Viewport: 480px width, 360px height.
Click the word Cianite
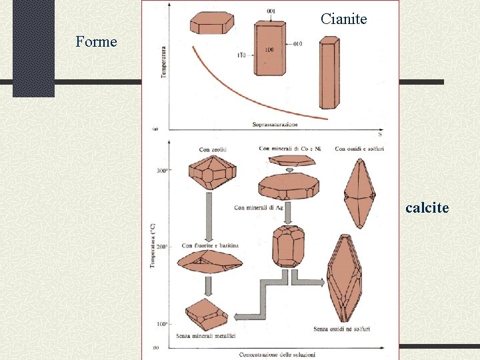point(343,19)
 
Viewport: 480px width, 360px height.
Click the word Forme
point(96,42)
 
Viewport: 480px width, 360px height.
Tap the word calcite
point(427,208)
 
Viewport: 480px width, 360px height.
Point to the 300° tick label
point(161,171)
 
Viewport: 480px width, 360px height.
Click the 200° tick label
point(162,247)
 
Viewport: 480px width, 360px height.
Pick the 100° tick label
point(162,325)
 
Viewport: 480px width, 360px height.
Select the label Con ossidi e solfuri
point(359,148)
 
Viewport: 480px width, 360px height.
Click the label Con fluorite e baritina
point(210,246)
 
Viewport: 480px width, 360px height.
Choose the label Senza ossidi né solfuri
point(341,329)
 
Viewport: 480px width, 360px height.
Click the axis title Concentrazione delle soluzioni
point(277,353)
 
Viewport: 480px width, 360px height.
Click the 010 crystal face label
point(297,44)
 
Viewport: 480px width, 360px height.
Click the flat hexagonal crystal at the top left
point(211,23)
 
